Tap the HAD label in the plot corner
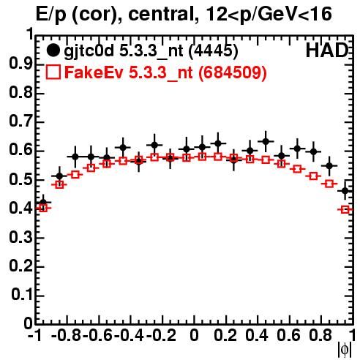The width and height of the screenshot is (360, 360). [x=327, y=50]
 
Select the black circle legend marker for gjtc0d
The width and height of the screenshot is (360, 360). [x=53, y=50]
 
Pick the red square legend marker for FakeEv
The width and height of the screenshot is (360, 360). [x=53, y=72]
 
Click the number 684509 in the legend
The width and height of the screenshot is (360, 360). [x=232, y=72]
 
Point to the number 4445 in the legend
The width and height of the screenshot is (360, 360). [x=214, y=50]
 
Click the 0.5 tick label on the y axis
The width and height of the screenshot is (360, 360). [x=20, y=180]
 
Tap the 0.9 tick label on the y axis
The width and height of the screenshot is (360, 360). [x=20, y=64]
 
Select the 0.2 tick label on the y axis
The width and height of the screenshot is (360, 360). [x=20, y=266]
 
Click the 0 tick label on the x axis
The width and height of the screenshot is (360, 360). [x=194, y=335]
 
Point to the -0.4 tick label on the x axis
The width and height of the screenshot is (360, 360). [x=129, y=335]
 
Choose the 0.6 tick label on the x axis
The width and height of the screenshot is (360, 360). [x=288, y=335]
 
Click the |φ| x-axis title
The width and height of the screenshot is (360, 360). [x=345, y=350]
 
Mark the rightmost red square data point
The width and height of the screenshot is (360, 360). [x=345, y=209]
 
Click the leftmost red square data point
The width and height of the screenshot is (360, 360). [x=43, y=208]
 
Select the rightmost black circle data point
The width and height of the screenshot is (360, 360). [x=345, y=191]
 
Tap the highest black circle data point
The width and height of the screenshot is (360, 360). [x=266, y=141]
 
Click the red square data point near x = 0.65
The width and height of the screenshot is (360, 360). [x=297, y=169]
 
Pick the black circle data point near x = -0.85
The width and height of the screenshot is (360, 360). [x=59, y=176]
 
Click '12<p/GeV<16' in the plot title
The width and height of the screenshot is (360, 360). [x=269, y=14]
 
